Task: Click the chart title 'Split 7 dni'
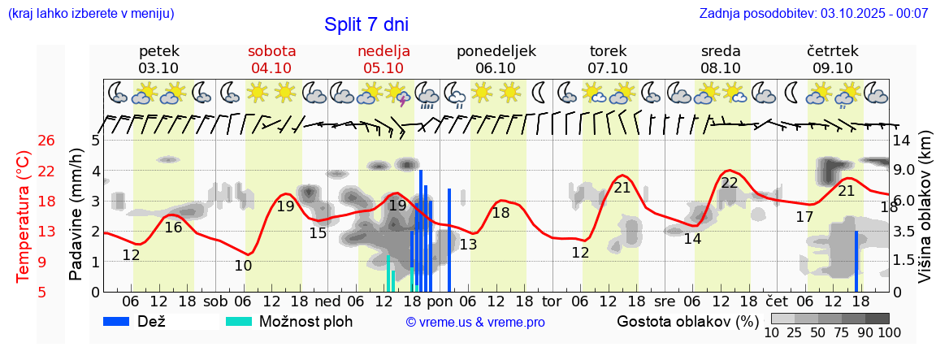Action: (366, 24)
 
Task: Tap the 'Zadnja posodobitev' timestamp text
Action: (813, 14)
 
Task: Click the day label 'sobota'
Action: (271, 51)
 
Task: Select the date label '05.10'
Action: (383, 68)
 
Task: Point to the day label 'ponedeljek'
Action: (496, 51)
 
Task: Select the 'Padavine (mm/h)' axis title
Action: (76, 215)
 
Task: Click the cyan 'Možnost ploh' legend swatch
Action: (239, 321)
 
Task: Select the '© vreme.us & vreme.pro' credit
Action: (474, 322)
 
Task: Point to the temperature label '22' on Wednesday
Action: (729, 183)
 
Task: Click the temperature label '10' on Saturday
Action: (242, 265)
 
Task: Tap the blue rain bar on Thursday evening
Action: (856, 261)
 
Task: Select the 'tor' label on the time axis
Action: (552, 301)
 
